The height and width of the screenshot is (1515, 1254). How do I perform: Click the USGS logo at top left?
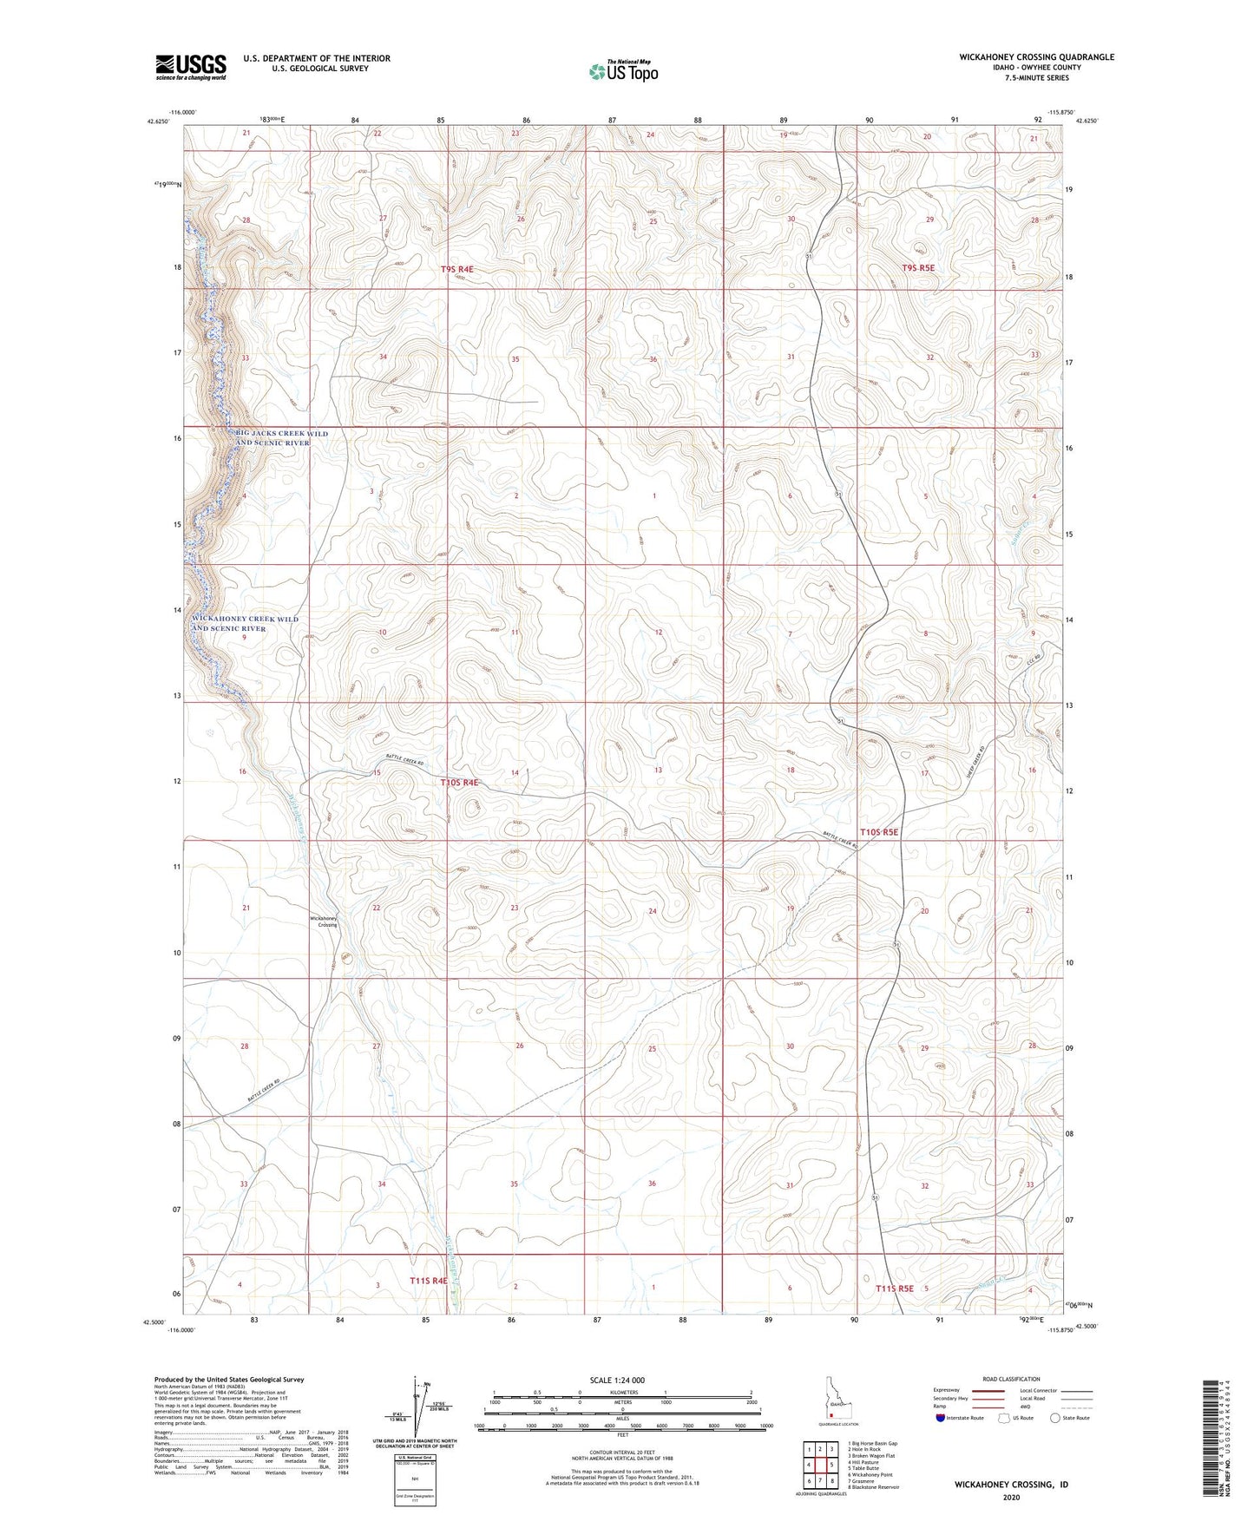(190, 66)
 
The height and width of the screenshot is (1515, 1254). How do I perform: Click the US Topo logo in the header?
(622, 71)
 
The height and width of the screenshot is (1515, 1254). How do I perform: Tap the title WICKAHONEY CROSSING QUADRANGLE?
(1036, 57)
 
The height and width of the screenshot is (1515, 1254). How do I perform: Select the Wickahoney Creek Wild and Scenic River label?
(246, 623)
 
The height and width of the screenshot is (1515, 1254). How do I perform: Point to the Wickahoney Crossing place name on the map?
(323, 921)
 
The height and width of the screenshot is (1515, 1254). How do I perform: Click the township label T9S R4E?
(456, 270)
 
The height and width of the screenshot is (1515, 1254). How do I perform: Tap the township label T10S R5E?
(878, 832)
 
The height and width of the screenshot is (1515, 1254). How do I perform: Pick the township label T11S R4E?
(428, 1280)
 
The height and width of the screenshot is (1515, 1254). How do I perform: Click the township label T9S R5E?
(918, 268)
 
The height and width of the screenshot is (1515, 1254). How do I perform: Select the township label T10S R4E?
(459, 782)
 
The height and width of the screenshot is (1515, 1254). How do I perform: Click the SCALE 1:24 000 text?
(616, 1380)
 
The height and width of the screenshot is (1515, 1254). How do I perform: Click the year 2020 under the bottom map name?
(1011, 1497)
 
